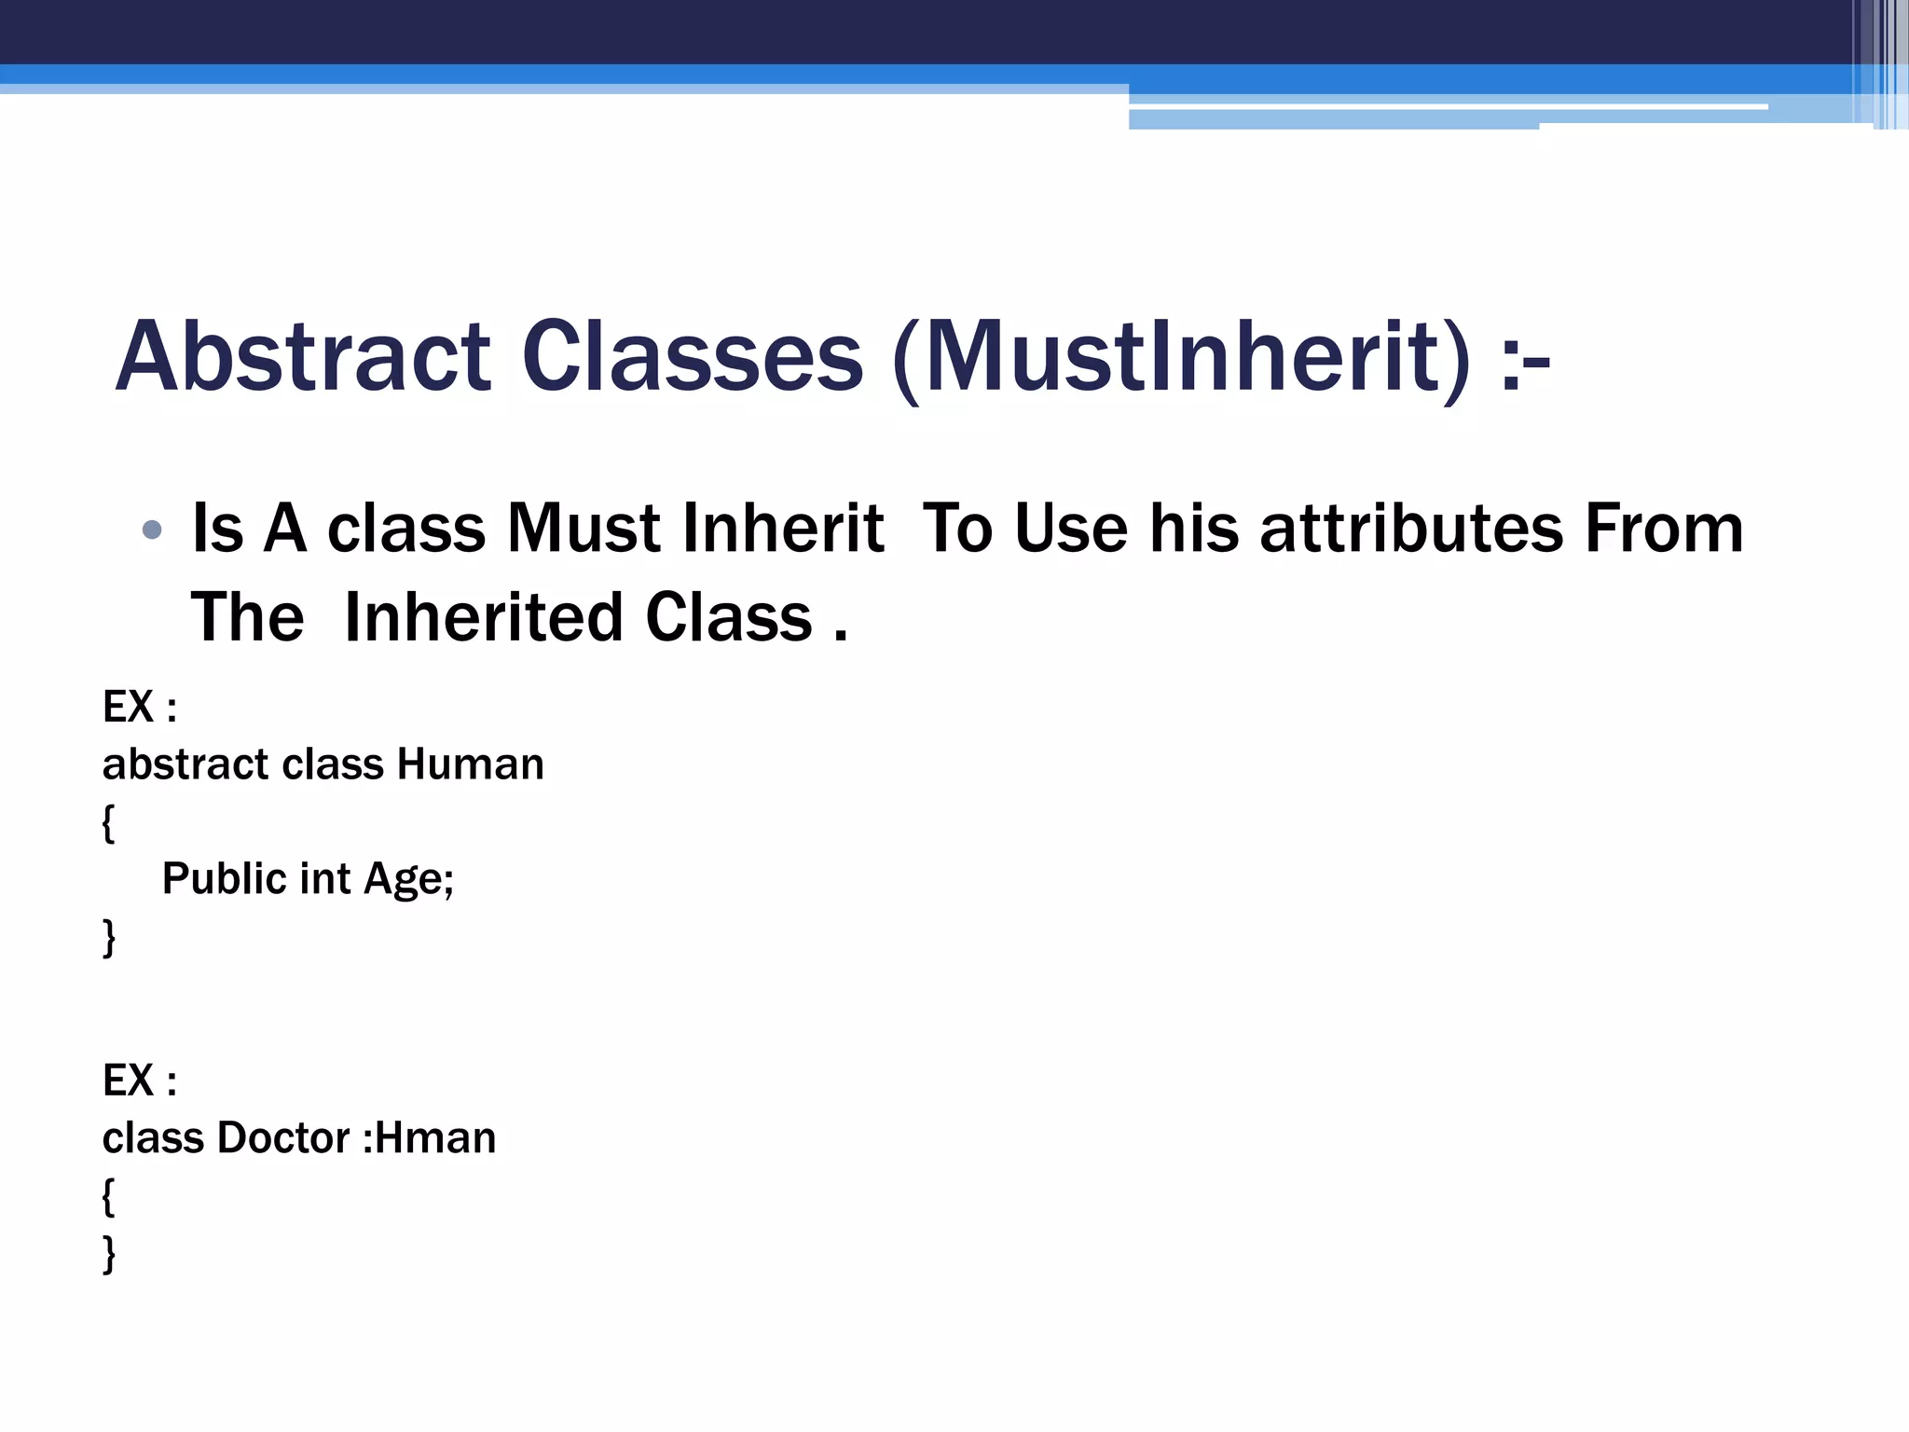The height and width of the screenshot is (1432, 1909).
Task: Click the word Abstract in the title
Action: [x=303, y=357]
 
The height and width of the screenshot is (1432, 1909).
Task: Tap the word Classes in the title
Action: [x=693, y=357]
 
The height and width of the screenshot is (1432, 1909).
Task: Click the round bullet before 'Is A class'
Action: [x=152, y=530]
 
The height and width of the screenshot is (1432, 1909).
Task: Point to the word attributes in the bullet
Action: [x=1411, y=529]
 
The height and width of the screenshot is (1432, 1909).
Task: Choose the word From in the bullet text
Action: [x=1664, y=529]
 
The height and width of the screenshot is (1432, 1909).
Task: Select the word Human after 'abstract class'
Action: [x=471, y=764]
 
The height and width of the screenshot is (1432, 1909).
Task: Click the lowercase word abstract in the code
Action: [x=185, y=764]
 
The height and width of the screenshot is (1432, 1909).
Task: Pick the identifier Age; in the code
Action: [x=408, y=879]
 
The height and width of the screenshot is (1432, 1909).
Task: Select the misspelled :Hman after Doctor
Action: [x=429, y=1138]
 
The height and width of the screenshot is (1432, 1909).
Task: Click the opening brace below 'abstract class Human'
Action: [x=109, y=823]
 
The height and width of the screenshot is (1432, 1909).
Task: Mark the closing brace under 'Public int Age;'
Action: [x=109, y=937]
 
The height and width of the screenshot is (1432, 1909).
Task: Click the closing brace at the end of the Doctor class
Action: [x=109, y=1254]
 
